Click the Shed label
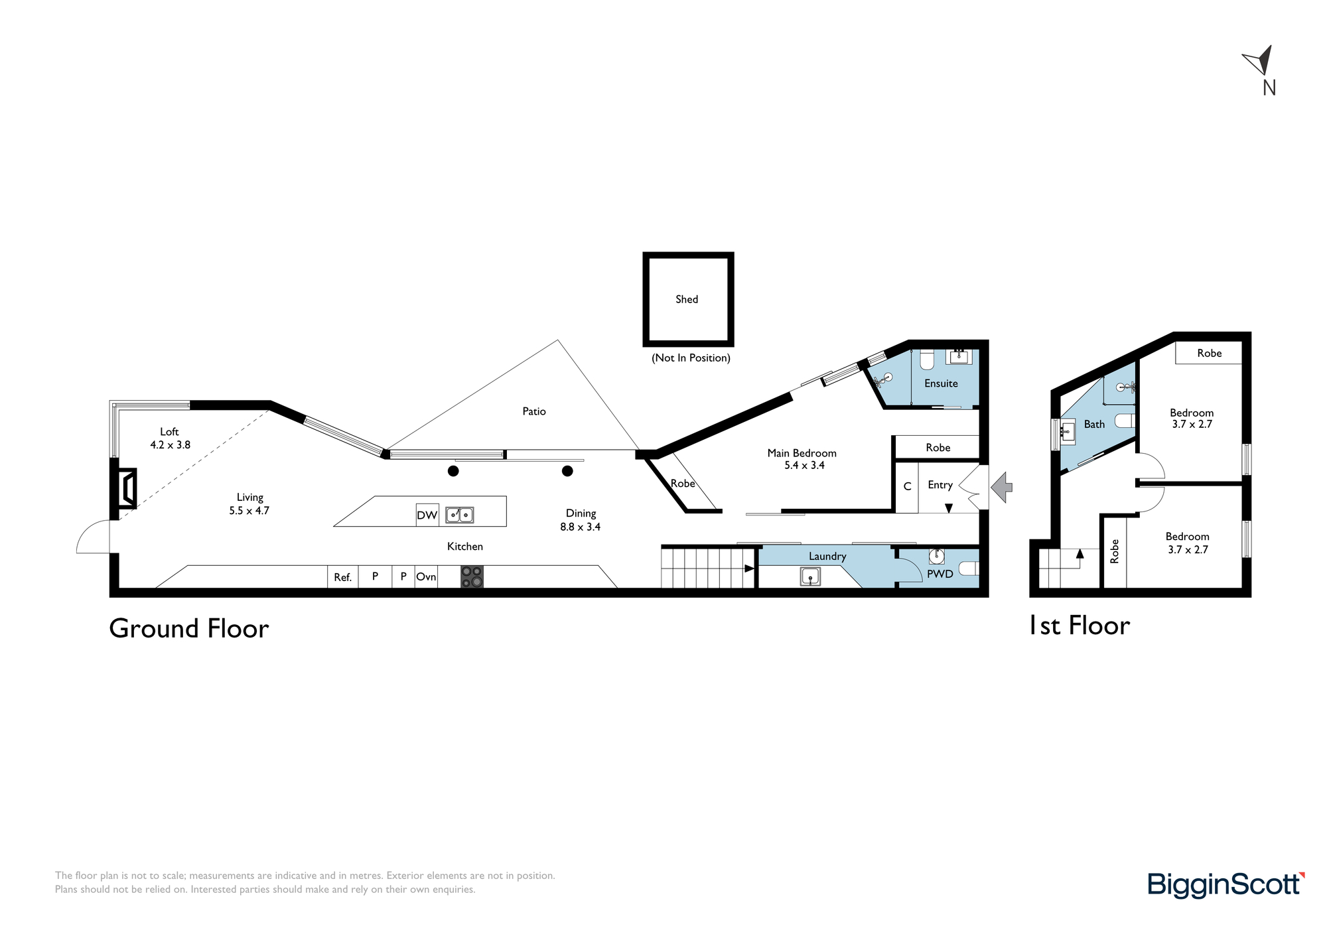pyautogui.click(x=687, y=299)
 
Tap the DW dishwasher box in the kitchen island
pyautogui.click(x=427, y=515)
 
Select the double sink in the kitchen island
pyautogui.click(x=459, y=514)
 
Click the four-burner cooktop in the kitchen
pyautogui.click(x=472, y=576)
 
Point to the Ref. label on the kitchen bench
pyautogui.click(x=342, y=577)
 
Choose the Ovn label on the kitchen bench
pyautogui.click(x=426, y=576)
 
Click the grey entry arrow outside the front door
pyautogui.click(x=1001, y=487)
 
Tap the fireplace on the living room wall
pyautogui.click(x=127, y=488)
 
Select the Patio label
pyautogui.click(x=534, y=411)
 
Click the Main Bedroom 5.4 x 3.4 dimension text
pyautogui.click(x=804, y=466)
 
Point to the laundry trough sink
pyautogui.click(x=810, y=576)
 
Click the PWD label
pyautogui.click(x=940, y=574)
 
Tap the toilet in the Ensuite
pyautogui.click(x=927, y=359)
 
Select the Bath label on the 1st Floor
pyautogui.click(x=1095, y=425)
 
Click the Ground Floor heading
pyautogui.click(x=189, y=628)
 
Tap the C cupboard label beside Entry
pyautogui.click(x=907, y=486)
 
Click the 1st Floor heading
pyautogui.click(x=1080, y=626)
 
